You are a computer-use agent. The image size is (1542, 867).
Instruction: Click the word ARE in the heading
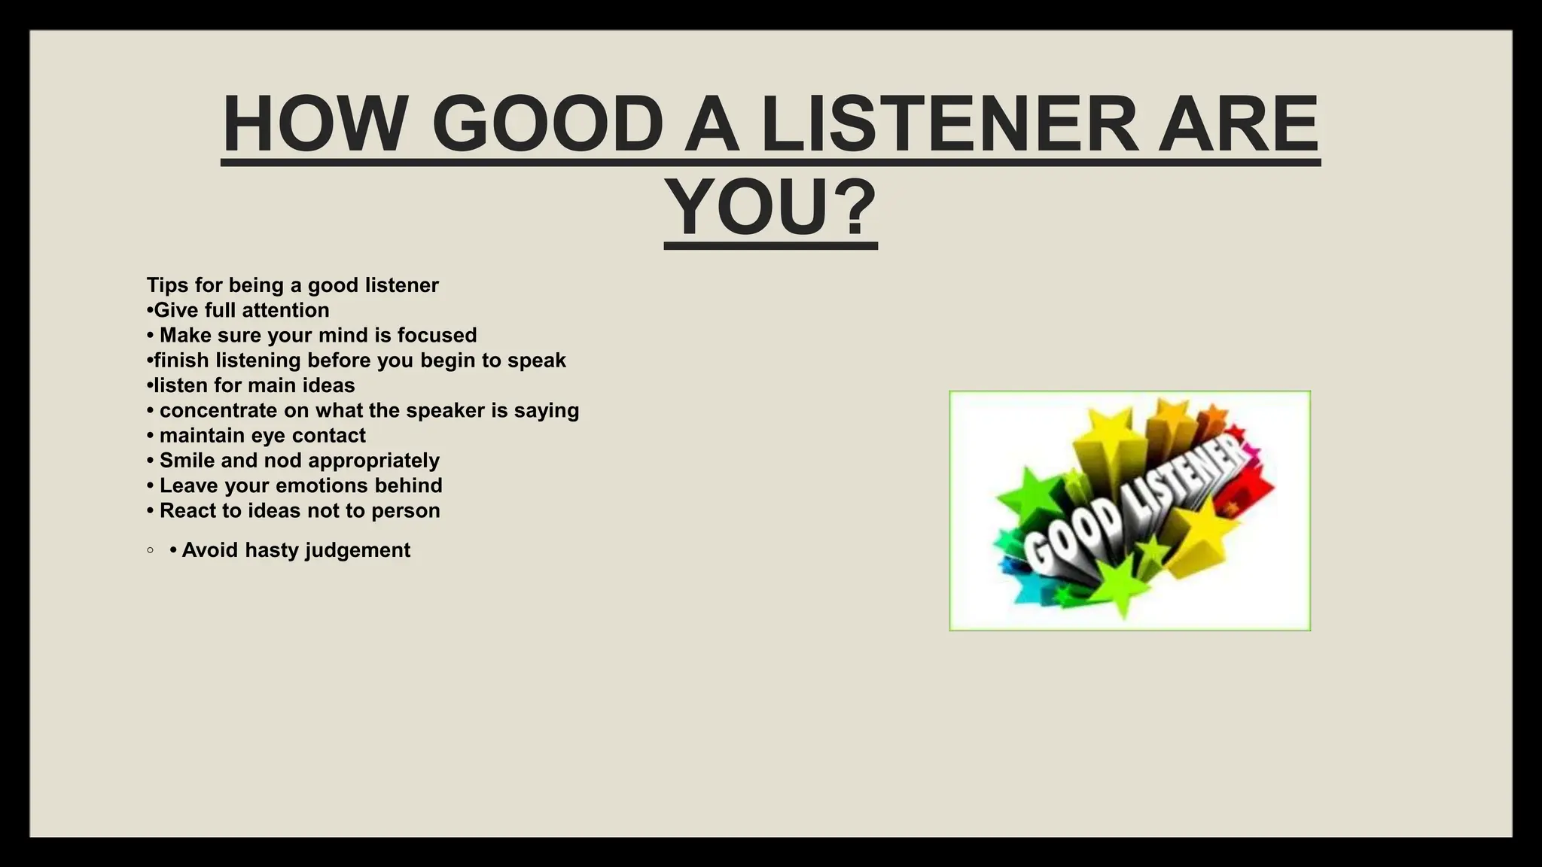1238,124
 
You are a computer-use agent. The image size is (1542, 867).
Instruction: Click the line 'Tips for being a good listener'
292,285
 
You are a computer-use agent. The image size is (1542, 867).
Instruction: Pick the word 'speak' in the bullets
536,360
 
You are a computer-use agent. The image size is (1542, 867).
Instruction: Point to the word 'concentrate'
218,411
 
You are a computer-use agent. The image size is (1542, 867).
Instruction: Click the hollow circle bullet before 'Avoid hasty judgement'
151,550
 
